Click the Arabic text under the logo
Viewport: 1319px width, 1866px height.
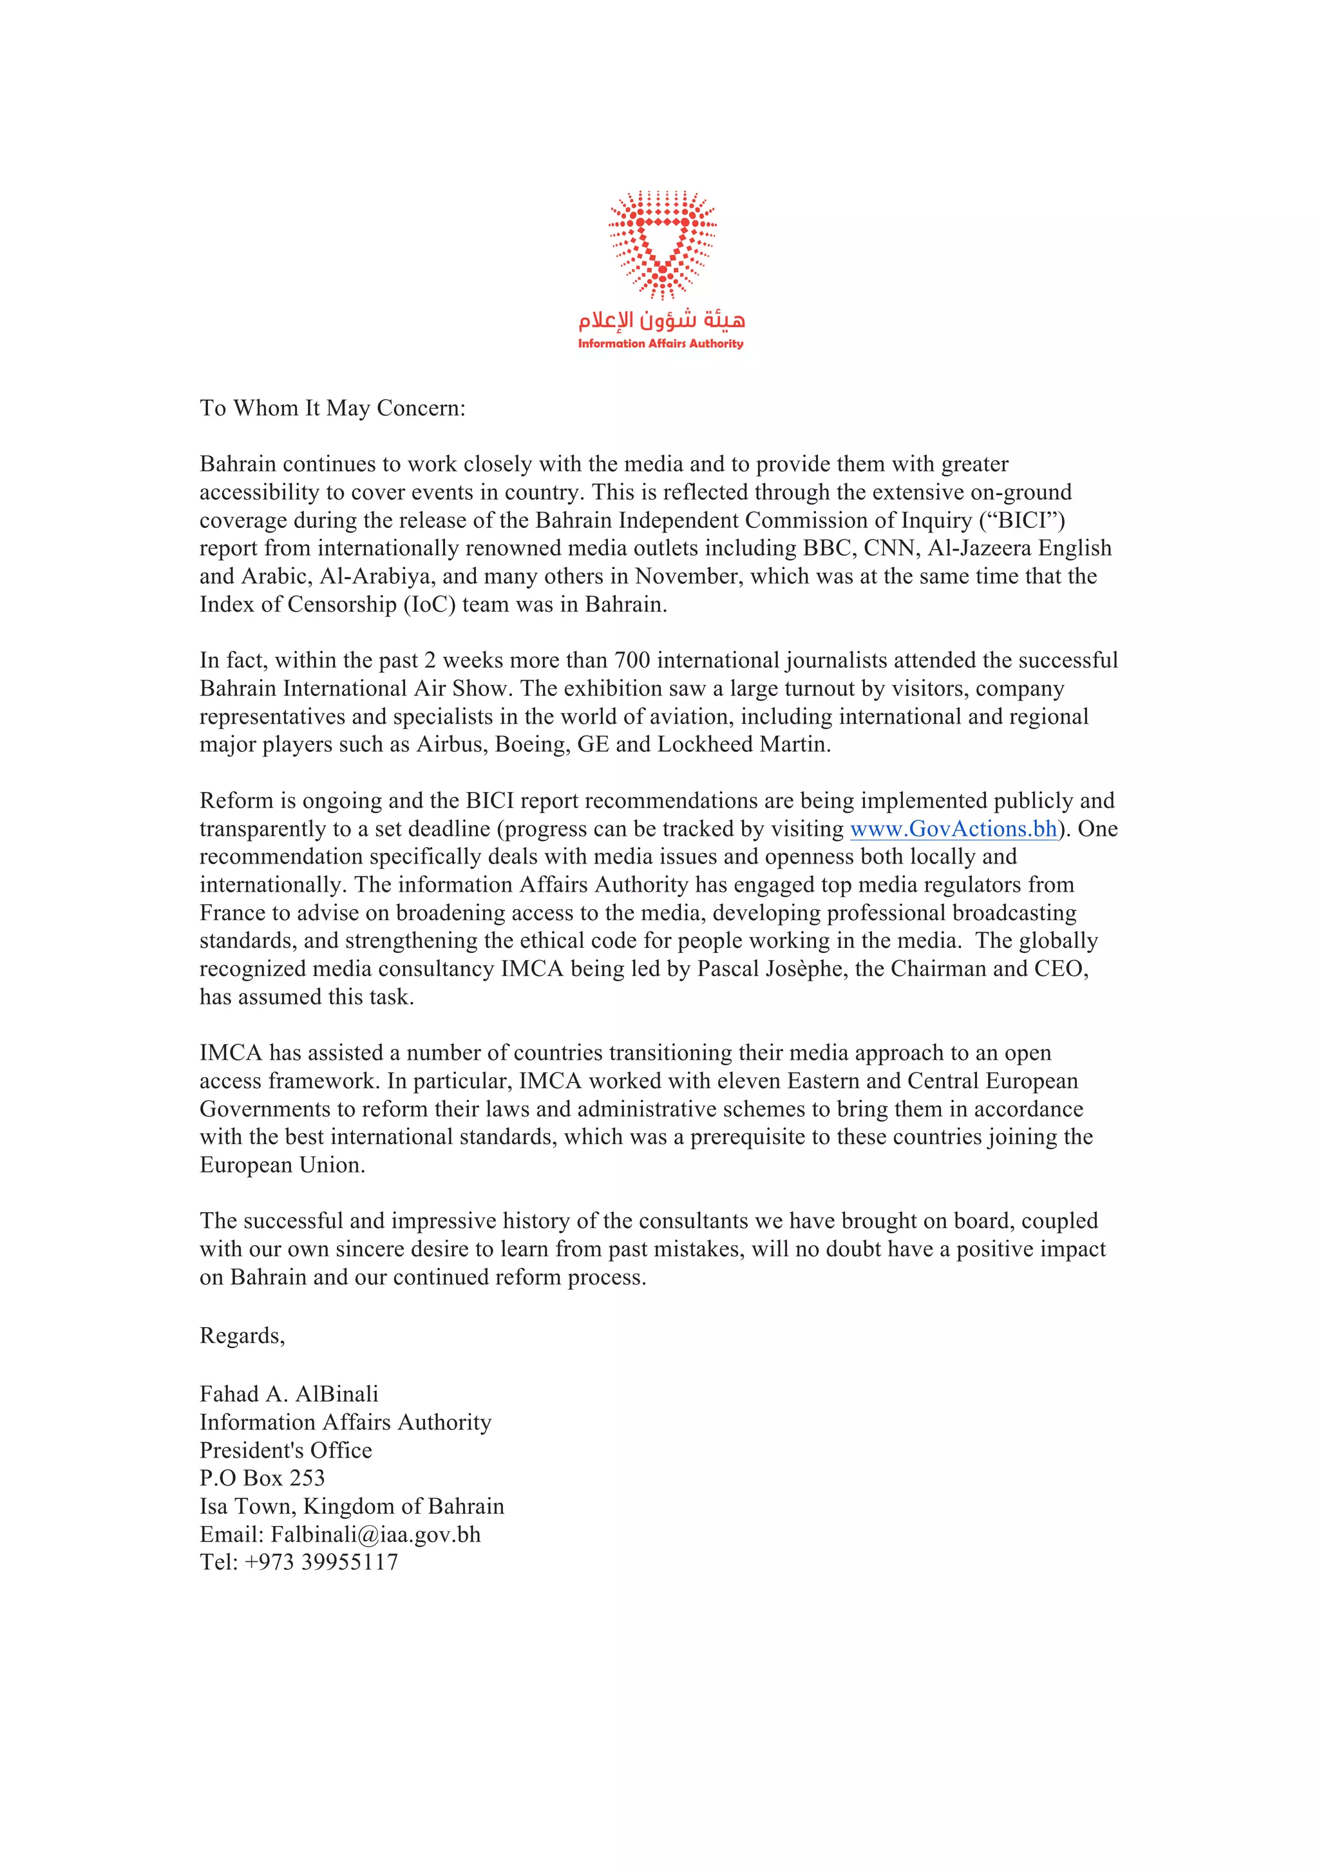(x=661, y=320)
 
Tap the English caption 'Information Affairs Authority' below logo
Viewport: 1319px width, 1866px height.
(x=661, y=344)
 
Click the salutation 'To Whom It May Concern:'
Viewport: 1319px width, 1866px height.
(x=332, y=408)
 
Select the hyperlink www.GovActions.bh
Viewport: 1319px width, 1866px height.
(x=953, y=829)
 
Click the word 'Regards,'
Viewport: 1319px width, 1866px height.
(x=242, y=1336)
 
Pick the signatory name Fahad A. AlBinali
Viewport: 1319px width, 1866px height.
(x=289, y=1394)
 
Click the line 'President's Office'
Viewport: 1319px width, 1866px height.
(x=286, y=1450)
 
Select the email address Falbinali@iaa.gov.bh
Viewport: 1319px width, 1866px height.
(x=375, y=1534)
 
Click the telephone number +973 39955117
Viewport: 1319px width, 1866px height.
(x=321, y=1562)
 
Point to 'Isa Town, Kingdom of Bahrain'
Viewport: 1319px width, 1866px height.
(x=352, y=1506)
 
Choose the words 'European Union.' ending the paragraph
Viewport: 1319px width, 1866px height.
(x=282, y=1165)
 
